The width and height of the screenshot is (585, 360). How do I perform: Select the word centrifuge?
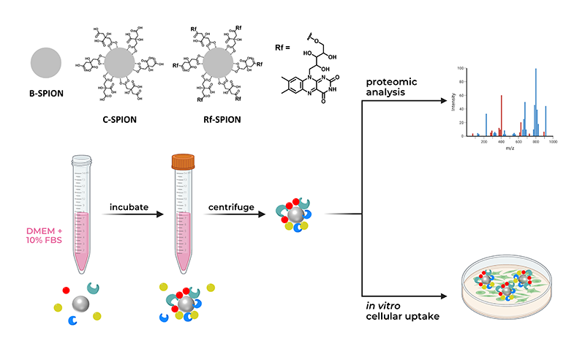pyautogui.click(x=230, y=207)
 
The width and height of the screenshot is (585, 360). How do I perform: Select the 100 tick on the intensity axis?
pyautogui.click(x=460, y=68)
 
